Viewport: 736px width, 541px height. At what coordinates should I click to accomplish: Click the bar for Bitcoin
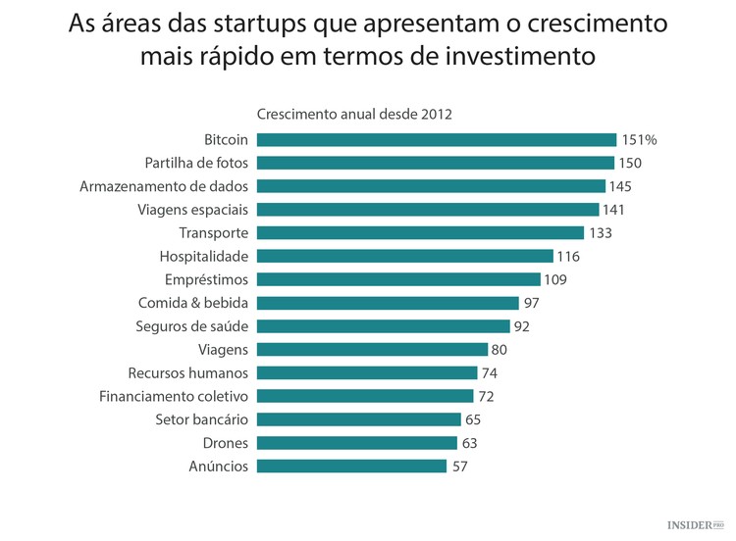[437, 139]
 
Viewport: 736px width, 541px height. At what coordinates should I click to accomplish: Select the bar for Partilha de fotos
[436, 163]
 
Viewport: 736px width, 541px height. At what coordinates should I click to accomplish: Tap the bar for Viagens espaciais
[428, 210]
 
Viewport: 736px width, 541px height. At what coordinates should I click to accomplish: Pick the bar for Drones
[357, 443]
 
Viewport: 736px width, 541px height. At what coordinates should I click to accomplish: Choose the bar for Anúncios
[351, 467]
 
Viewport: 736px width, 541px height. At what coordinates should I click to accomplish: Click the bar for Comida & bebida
[388, 303]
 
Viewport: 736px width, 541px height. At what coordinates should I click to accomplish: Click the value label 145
[621, 186]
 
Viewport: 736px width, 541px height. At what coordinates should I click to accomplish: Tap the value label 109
[555, 279]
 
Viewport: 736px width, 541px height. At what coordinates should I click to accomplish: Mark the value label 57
[459, 467]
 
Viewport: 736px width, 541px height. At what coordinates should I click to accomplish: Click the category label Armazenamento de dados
[164, 186]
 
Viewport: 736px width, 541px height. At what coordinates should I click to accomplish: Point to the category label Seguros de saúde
[191, 326]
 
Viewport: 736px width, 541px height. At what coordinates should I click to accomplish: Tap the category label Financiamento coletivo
[174, 396]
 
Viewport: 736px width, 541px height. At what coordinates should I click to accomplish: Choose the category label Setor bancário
[201, 419]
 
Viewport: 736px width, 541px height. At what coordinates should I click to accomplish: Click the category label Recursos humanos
[187, 373]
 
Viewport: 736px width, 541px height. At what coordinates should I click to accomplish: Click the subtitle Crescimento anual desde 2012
[354, 114]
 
